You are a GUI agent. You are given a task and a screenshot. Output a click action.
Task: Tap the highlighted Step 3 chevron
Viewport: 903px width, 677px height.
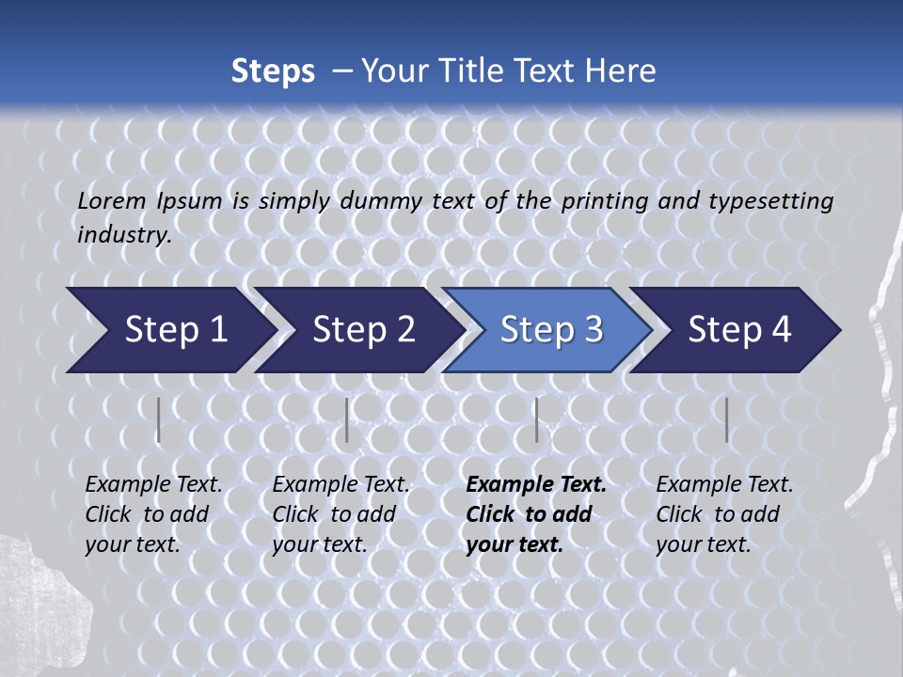[550, 330]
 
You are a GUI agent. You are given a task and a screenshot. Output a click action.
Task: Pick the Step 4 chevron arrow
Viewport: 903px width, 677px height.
[738, 330]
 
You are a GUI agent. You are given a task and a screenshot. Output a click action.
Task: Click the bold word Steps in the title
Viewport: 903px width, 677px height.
[273, 71]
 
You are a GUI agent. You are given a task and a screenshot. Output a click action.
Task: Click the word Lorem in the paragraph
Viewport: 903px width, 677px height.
[112, 200]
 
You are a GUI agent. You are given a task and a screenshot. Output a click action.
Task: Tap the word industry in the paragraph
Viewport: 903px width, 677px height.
[124, 234]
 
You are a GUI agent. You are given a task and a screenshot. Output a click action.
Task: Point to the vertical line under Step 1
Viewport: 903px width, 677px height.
[158, 420]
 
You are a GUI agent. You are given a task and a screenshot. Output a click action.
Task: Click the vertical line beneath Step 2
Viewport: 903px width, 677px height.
[347, 420]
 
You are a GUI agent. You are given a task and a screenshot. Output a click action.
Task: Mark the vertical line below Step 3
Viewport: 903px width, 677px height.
[536, 420]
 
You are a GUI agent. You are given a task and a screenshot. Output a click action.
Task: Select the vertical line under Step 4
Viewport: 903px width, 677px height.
[726, 420]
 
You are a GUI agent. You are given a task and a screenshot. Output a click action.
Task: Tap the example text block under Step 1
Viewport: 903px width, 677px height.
[153, 514]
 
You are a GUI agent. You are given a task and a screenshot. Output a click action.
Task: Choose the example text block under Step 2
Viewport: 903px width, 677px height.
[341, 514]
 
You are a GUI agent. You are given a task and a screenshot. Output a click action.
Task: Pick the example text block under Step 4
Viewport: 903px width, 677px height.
[724, 514]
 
